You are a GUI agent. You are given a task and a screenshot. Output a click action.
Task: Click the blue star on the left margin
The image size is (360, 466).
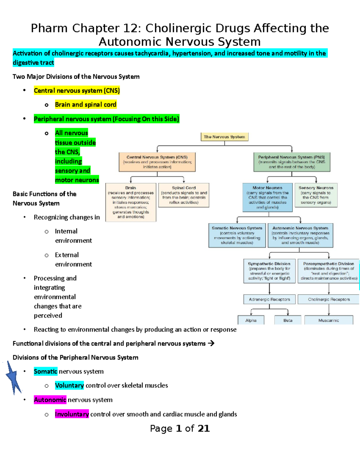13,377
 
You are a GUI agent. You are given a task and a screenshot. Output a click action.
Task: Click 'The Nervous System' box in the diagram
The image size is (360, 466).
224,137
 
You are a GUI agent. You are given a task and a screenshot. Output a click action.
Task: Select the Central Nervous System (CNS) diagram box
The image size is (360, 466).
157,162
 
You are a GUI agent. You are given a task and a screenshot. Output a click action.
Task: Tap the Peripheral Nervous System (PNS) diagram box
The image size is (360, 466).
292,162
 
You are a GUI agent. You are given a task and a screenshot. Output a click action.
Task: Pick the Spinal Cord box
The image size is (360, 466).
184,195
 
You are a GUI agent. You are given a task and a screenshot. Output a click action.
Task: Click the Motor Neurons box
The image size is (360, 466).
267,197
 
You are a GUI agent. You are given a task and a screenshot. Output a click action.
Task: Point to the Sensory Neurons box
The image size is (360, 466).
316,195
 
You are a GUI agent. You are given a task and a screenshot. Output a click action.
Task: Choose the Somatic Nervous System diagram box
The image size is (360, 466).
237,235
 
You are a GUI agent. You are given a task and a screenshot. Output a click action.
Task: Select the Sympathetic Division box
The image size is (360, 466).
269,271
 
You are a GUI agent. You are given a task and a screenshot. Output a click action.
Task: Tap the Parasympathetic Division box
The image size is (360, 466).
329,271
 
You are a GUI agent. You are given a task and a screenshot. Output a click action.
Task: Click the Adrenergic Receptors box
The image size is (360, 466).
269,299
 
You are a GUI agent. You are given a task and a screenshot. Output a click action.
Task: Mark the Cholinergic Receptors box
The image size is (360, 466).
329,299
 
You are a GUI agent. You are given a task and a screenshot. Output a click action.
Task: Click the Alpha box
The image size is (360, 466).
251,320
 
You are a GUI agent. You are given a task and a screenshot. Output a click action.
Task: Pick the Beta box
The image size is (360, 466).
288,320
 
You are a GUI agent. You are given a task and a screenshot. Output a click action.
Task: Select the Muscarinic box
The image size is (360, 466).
328,320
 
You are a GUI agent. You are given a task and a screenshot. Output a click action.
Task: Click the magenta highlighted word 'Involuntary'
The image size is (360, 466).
72,414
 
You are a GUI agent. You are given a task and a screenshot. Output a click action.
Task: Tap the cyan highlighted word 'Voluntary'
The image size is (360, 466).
69,385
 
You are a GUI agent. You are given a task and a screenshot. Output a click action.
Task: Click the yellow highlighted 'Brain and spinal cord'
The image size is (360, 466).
85,105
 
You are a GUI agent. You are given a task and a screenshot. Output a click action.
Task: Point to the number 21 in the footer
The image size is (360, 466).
203,428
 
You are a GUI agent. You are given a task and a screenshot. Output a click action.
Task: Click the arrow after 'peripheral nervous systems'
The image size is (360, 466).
211,343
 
